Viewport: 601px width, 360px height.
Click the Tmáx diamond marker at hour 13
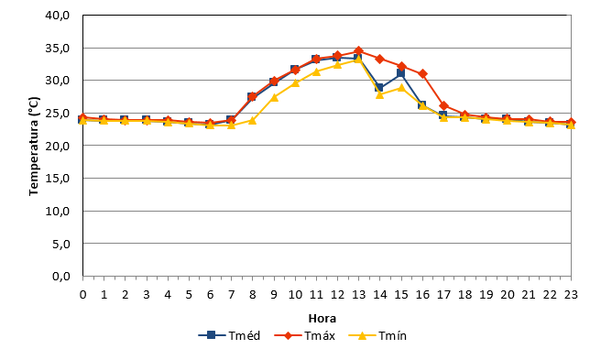tap(358, 50)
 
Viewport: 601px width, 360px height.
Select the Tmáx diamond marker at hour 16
tap(422, 73)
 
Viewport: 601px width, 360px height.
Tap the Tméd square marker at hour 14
tap(379, 88)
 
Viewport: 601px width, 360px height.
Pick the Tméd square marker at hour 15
tap(400, 73)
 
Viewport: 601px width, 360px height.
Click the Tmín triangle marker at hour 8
tap(252, 120)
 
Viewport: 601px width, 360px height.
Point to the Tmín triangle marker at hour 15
tap(401, 88)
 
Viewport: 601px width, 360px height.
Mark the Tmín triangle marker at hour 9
tap(274, 97)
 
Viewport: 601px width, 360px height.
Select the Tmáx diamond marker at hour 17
tap(443, 106)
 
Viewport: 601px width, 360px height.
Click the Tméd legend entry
tap(229, 335)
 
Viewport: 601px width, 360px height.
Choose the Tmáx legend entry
tap(305, 335)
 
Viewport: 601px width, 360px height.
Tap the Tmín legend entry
tap(377, 335)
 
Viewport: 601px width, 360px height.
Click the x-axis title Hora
tap(322, 319)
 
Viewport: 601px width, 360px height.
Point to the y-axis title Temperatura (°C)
tap(34, 146)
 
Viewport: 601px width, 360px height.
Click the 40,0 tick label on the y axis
tap(57, 16)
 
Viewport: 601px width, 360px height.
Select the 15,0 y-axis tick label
tap(57, 179)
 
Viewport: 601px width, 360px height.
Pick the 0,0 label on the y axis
tap(61, 276)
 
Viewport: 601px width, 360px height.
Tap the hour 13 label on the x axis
tap(358, 294)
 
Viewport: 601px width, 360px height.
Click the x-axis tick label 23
tap(571, 294)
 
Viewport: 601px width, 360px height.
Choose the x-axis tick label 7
tap(231, 294)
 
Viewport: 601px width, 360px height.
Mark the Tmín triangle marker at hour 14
tap(380, 94)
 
